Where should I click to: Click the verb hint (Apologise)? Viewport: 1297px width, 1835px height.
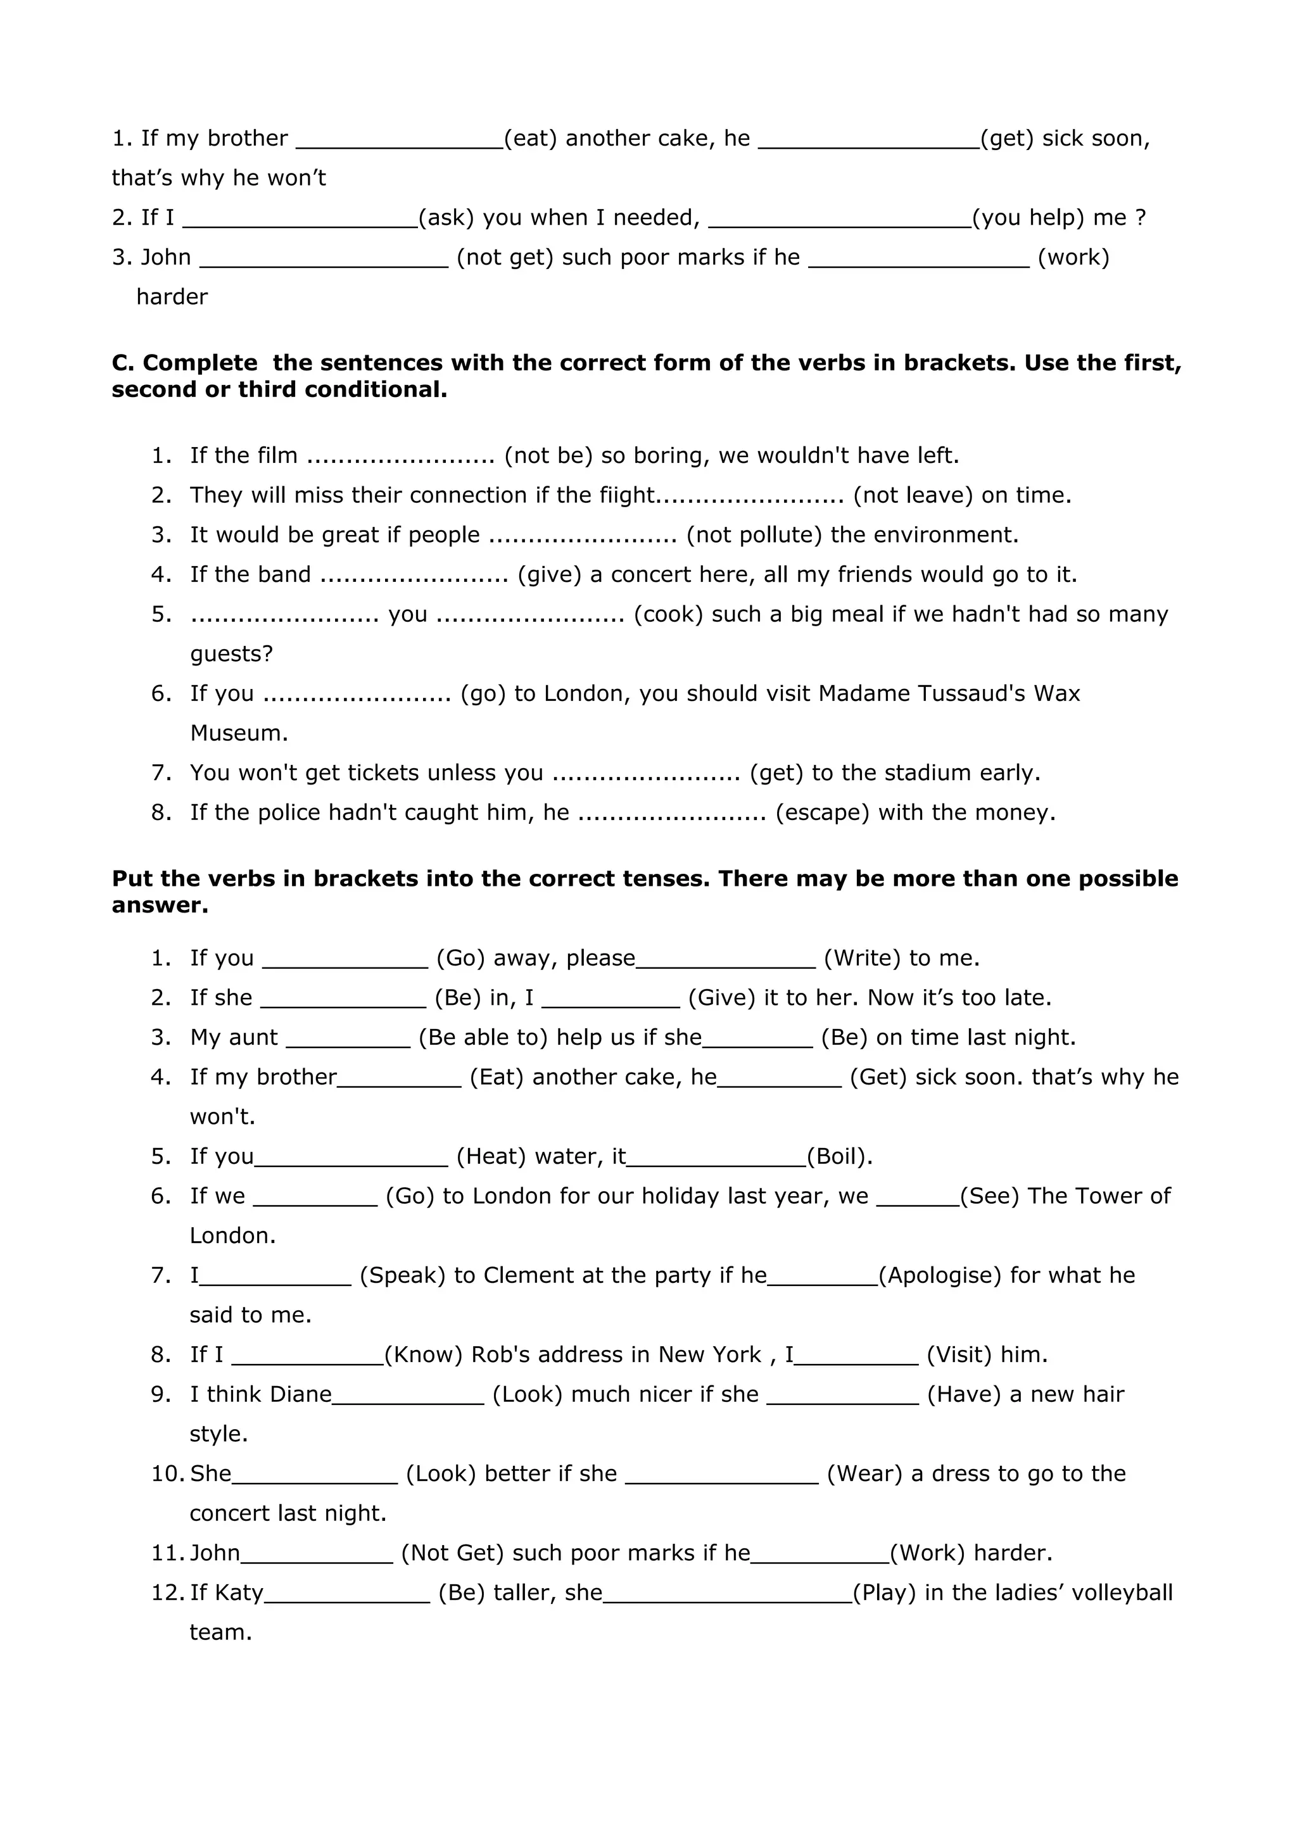pos(940,1275)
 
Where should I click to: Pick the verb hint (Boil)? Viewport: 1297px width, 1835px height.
pos(839,1156)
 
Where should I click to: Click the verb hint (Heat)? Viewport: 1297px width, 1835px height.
pos(491,1156)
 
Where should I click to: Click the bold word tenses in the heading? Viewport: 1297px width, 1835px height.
pos(661,878)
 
